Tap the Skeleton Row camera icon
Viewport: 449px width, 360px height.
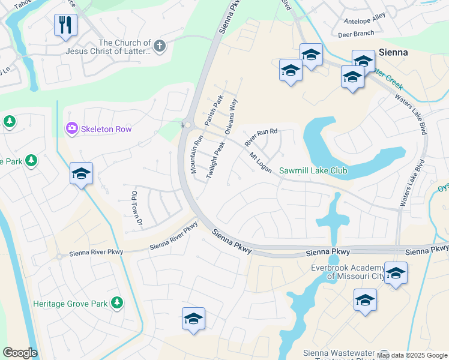71,128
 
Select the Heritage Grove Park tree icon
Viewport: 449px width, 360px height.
118,303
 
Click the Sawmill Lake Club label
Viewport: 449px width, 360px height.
313,171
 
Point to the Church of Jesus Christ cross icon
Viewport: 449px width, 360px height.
159,46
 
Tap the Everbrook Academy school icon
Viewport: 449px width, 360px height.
396,273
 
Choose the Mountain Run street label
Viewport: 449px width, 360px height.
197,154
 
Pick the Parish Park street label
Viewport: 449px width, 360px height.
213,110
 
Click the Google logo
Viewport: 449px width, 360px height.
20,353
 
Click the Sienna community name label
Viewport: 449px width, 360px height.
393,52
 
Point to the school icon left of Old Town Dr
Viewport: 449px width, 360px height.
81,173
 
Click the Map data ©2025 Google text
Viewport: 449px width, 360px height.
412,355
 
